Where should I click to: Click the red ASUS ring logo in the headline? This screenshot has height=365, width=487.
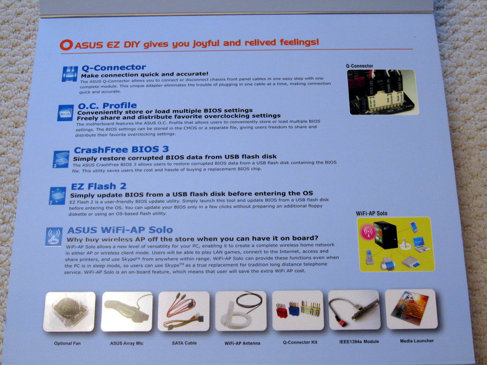pyautogui.click(x=66, y=45)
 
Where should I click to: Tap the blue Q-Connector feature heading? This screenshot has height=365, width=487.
pyautogui.click(x=113, y=67)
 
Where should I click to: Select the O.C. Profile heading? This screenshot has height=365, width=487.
pyautogui.click(x=107, y=106)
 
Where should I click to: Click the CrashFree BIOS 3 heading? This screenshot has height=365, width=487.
pyautogui.click(x=121, y=150)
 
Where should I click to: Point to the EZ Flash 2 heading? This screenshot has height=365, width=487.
pyautogui.click(x=98, y=186)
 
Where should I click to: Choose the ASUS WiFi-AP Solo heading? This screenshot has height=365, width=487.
pyautogui.click(x=120, y=230)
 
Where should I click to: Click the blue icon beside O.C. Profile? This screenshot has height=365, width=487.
pyautogui.click(x=66, y=113)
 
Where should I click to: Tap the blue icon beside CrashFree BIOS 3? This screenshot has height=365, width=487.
pyautogui.click(x=61, y=159)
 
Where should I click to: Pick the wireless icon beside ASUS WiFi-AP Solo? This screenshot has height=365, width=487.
pyautogui.click(x=54, y=237)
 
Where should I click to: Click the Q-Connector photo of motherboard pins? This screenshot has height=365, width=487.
pyautogui.click(x=383, y=92)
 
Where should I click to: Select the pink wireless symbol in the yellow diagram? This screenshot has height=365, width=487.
pyautogui.click(x=368, y=232)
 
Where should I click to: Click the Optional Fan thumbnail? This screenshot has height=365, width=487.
pyautogui.click(x=69, y=312)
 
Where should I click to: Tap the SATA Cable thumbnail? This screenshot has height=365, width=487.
pyautogui.click(x=184, y=311)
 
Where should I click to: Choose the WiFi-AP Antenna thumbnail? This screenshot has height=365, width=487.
pyautogui.click(x=241, y=311)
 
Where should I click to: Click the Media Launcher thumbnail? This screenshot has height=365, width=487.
pyautogui.click(x=411, y=309)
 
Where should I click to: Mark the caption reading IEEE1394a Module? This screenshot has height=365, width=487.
pyautogui.click(x=359, y=341)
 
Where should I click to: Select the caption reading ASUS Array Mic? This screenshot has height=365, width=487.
pyautogui.click(x=127, y=343)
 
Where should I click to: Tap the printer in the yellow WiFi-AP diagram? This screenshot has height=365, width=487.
pyautogui.click(x=388, y=263)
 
